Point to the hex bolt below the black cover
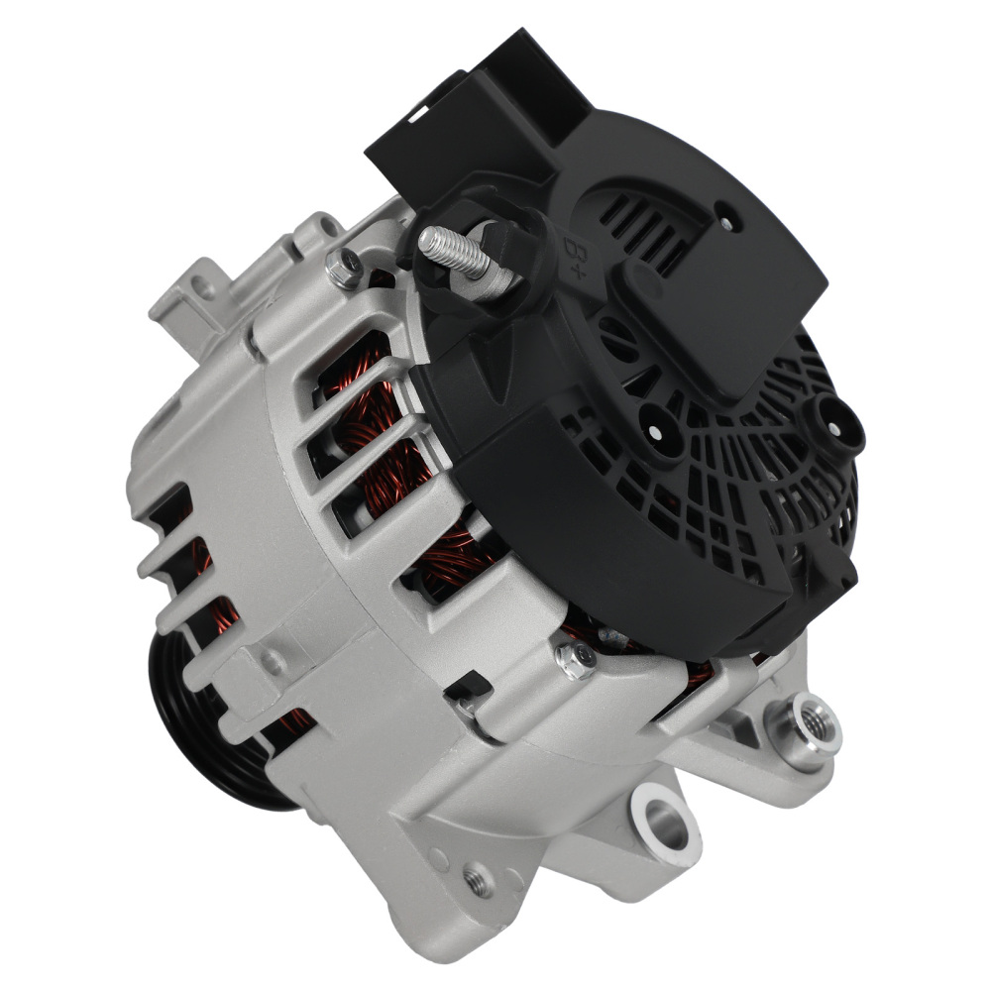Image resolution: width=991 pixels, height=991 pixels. pos(576,659)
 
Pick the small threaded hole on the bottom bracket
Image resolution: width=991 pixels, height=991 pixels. pos(479,878)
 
